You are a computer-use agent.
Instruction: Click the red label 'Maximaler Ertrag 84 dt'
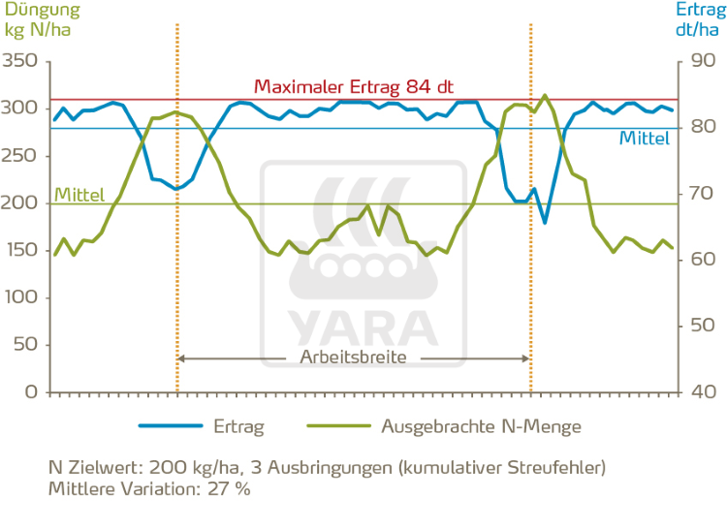[x=354, y=86]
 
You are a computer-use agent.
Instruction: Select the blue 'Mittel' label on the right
[x=644, y=139]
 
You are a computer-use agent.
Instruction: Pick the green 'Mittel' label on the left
[x=79, y=195]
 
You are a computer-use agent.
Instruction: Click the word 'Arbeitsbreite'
[x=354, y=357]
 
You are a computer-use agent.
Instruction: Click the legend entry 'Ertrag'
[x=238, y=425]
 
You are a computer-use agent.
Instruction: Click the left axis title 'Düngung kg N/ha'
[x=36, y=18]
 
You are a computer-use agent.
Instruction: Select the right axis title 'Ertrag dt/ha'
[x=696, y=18]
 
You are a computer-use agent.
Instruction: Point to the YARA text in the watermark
[x=354, y=322]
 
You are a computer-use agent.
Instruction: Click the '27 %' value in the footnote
[x=230, y=489]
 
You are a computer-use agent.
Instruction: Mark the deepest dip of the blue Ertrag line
[x=545, y=223]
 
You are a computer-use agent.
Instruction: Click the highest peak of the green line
[x=545, y=95]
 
